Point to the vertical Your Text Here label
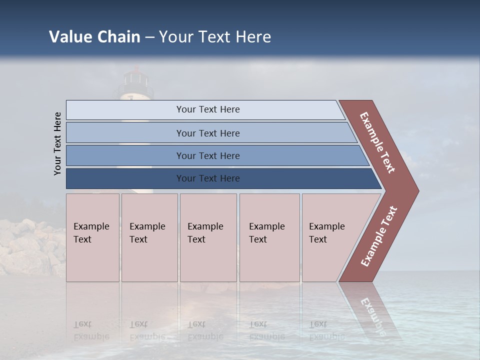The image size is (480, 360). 57,143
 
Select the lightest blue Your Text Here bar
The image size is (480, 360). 207,109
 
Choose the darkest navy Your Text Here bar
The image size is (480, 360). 207,178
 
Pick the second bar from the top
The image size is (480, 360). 207,133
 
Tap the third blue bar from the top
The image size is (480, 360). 207,155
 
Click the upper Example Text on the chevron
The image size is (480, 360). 377,142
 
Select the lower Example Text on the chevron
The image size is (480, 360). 379,236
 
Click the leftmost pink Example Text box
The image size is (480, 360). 92,237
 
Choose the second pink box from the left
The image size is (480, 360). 149,237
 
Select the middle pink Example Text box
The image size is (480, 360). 208,237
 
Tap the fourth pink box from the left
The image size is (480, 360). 269,237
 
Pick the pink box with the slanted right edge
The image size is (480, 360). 330,237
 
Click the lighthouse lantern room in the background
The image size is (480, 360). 135,77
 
